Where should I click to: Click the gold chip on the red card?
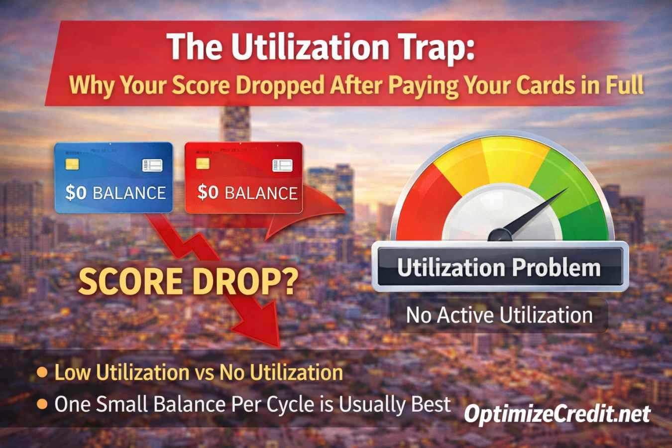pos(203,163)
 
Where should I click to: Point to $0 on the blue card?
pos(76,193)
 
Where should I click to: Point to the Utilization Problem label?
pos(499,268)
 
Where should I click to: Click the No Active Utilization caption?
pos(499,315)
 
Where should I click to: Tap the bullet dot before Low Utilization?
pos(43,372)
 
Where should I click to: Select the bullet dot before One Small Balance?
pos(43,404)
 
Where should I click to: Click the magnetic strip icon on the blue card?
pos(152,165)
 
